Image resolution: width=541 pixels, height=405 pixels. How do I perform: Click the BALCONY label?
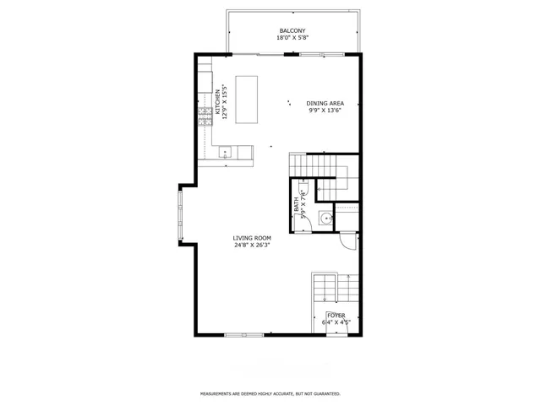[x=292, y=30]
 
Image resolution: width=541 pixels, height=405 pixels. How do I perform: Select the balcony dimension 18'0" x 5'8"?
[x=292, y=38]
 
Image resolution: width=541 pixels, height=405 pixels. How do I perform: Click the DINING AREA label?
[x=325, y=103]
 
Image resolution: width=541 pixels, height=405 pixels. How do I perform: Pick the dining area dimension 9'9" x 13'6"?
[x=325, y=111]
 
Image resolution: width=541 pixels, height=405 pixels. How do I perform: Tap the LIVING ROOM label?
[x=252, y=238]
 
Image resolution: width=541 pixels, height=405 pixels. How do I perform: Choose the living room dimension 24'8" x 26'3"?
[x=252, y=246]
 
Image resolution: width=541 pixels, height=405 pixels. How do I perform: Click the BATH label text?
[x=297, y=204]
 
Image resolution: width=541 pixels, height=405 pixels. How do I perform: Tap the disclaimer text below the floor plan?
[x=270, y=394]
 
